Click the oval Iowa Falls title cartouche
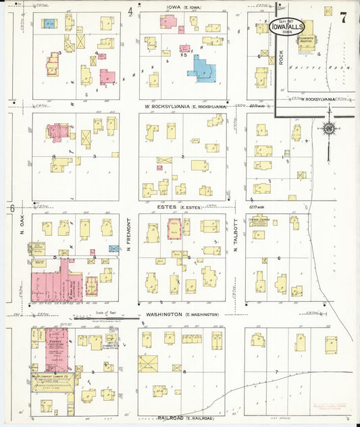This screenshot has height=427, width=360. [x=291, y=27]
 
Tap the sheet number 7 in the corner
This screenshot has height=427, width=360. [x=344, y=18]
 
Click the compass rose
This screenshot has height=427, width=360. [x=328, y=128]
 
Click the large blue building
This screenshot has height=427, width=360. [x=203, y=69]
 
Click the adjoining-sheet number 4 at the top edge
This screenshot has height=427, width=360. [x=130, y=10]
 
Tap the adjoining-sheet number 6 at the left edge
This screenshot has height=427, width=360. [x=12, y=209]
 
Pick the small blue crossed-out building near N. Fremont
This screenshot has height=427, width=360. [x=114, y=249]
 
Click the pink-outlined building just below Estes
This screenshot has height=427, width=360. [x=174, y=230]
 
